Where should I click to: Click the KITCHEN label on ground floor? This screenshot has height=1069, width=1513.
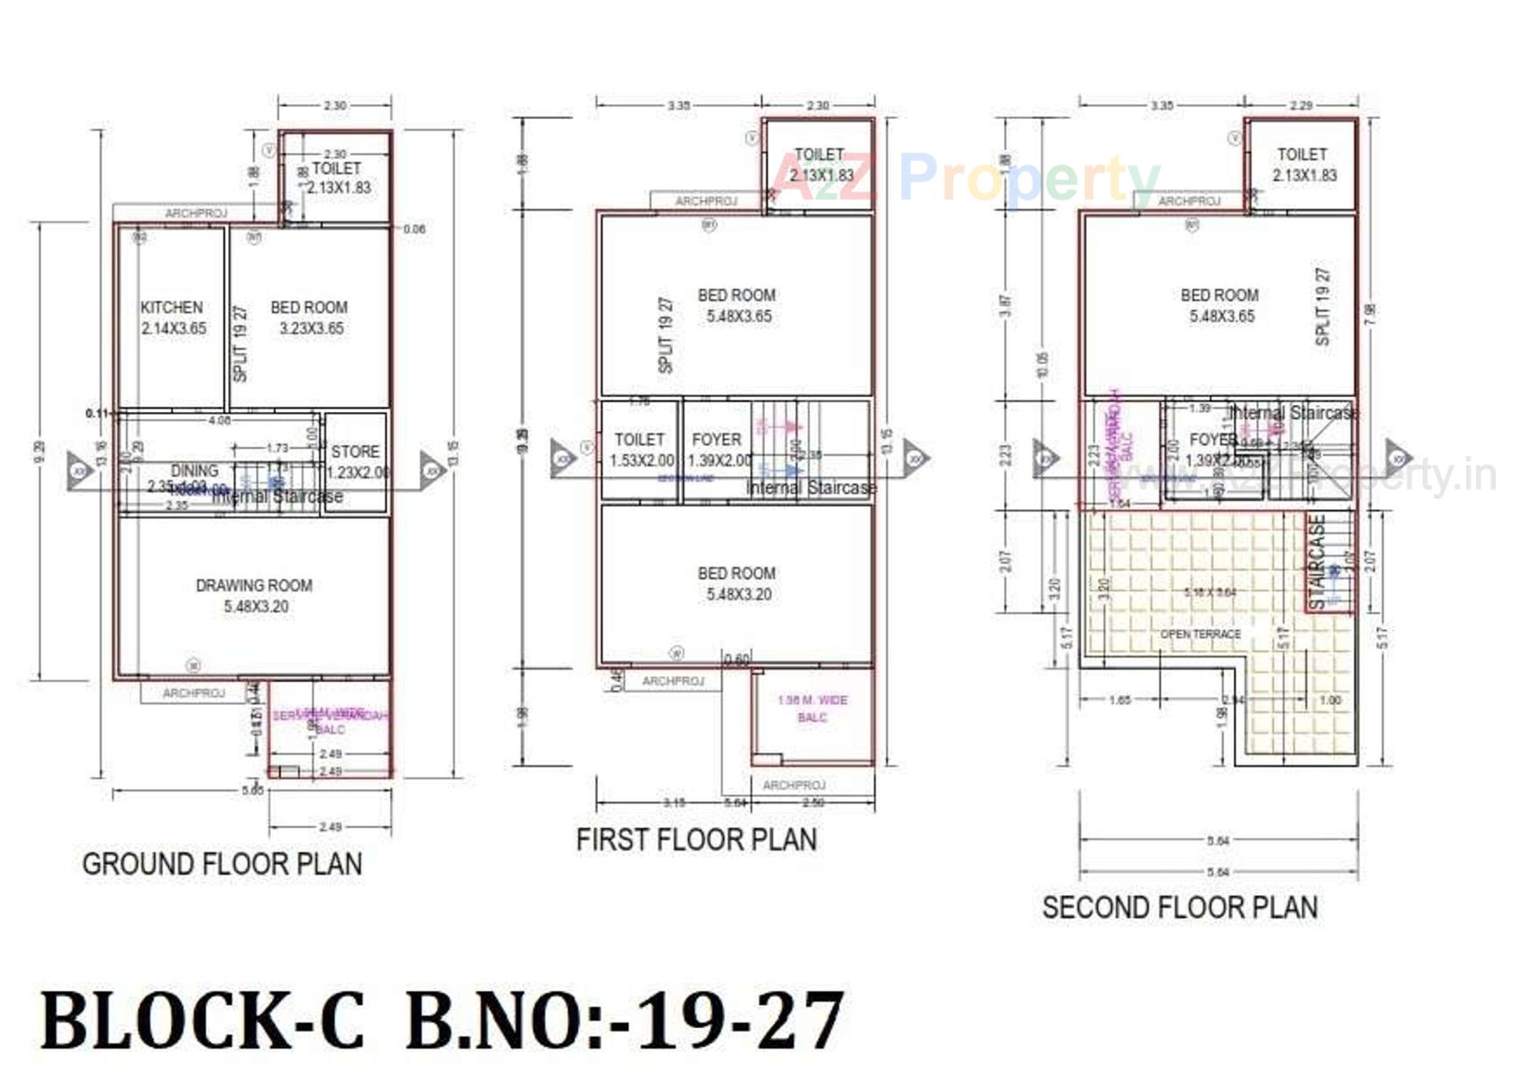[x=172, y=308]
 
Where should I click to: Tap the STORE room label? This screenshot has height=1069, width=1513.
[x=355, y=452]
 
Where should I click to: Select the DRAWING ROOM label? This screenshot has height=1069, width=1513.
[x=254, y=586]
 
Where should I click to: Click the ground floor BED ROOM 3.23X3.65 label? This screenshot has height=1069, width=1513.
[x=309, y=308]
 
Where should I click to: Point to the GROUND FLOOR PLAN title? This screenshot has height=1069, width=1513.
[x=222, y=864]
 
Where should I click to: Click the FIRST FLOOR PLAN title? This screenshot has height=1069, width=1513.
[x=697, y=840]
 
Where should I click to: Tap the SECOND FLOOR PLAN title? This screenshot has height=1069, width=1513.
[x=1180, y=908]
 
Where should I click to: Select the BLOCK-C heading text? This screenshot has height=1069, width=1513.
[x=203, y=1021]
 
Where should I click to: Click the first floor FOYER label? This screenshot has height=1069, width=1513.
[x=716, y=440]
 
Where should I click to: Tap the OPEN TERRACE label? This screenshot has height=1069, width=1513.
[x=1200, y=634]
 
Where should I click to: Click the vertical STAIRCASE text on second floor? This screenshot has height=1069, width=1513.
[x=1317, y=562]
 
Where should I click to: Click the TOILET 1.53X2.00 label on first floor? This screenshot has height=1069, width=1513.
[x=640, y=440]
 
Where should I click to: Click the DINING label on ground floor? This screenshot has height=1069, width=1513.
[x=194, y=471]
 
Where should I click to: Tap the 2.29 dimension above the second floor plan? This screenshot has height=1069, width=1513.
[x=1301, y=106]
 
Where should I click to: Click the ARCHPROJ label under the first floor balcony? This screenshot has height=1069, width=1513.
[x=794, y=785]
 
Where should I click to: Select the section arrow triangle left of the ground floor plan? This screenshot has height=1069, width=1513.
[x=79, y=471]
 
